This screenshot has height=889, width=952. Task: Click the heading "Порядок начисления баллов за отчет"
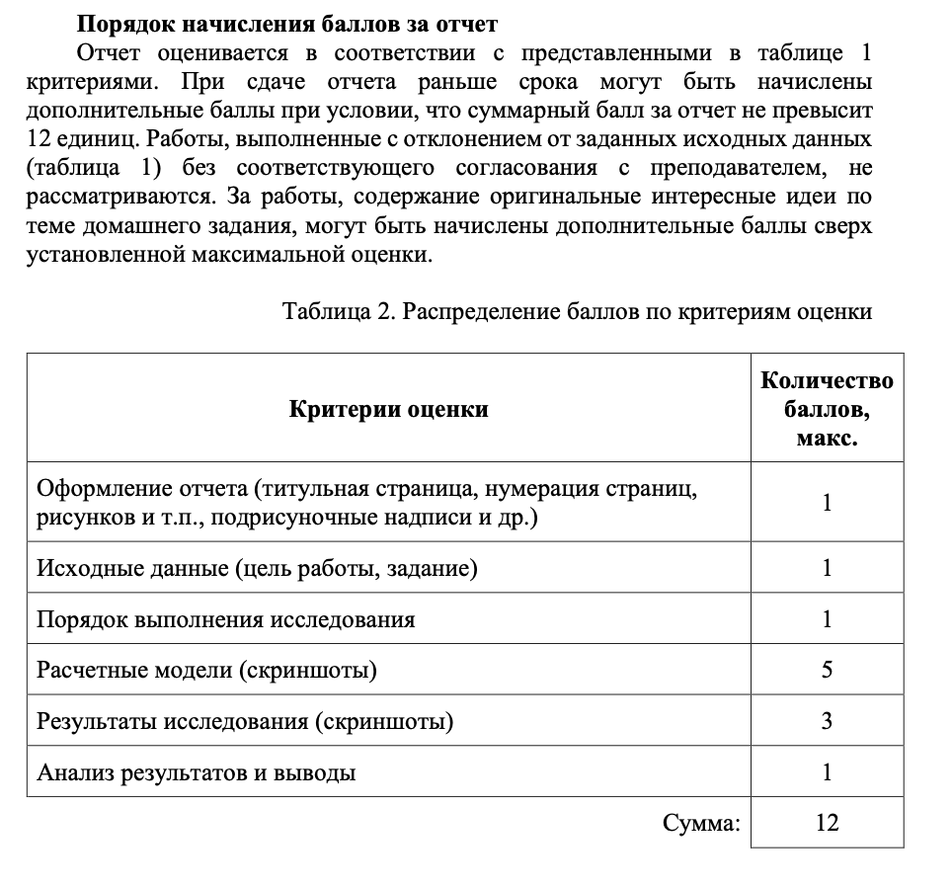tap(287, 23)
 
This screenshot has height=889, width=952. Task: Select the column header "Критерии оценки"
tap(388, 408)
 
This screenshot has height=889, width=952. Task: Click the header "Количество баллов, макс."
tap(827, 408)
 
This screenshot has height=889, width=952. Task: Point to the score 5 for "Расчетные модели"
tap(827, 671)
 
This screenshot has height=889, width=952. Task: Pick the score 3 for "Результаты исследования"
tap(827, 722)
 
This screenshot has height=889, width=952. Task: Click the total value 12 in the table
tap(827, 822)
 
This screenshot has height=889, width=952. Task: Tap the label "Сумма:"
tap(701, 822)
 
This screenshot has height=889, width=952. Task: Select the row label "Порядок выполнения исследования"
tap(225, 619)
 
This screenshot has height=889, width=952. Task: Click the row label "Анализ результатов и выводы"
tap(196, 772)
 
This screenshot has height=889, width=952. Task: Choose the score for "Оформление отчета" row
tap(827, 503)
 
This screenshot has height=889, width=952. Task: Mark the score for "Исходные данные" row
tap(827, 568)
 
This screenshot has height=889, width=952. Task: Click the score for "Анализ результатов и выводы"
tap(827, 772)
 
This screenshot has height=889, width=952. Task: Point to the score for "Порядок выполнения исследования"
tap(827, 619)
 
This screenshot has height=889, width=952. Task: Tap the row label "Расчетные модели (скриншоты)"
tap(206, 671)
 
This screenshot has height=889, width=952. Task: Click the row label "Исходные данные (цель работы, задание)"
tap(257, 568)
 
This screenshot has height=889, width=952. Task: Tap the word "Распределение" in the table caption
tap(482, 312)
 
